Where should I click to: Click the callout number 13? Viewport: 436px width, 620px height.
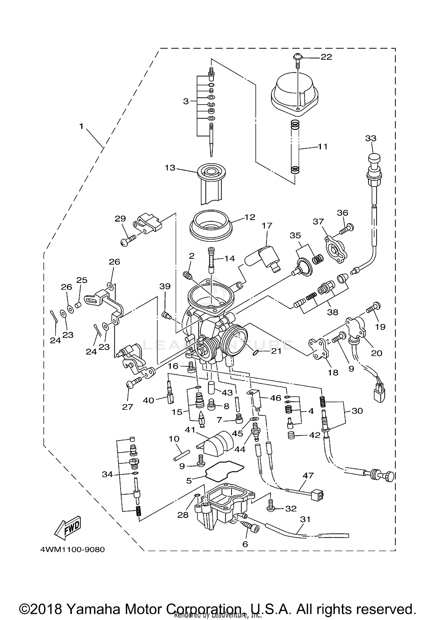click(170, 168)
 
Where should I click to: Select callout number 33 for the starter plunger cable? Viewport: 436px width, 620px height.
click(371, 138)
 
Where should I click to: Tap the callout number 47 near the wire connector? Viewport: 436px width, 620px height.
click(308, 475)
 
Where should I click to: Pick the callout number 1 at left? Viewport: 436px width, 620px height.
click(81, 126)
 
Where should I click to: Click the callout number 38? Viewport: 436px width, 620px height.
click(333, 312)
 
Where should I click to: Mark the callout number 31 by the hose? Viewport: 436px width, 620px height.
click(305, 519)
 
